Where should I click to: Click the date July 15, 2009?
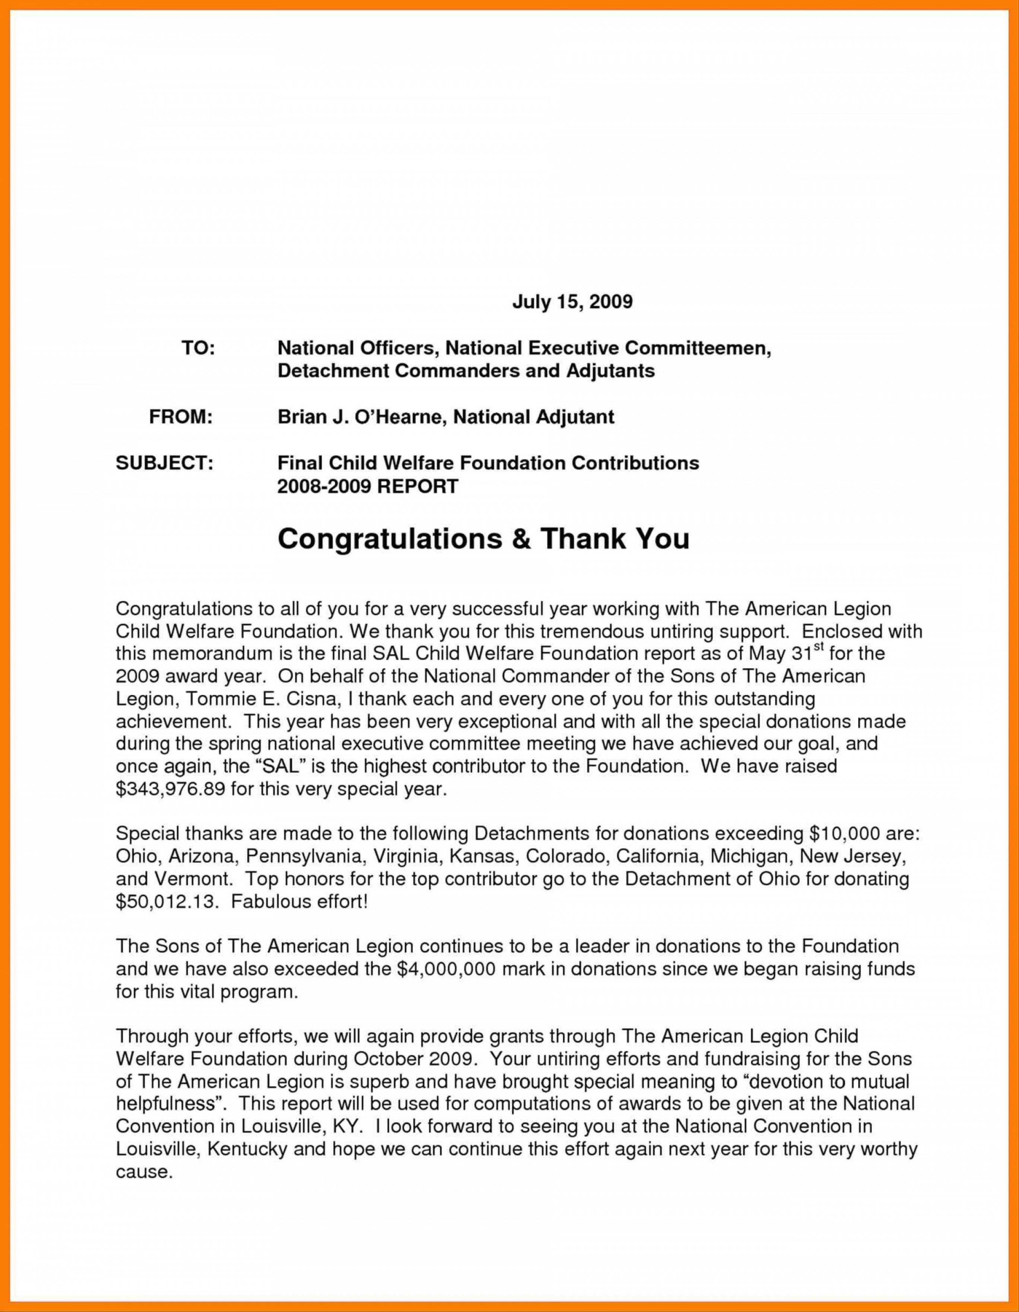(x=572, y=302)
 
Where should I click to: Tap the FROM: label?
(x=181, y=416)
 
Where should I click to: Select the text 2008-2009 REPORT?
(x=367, y=485)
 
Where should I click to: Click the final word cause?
(x=144, y=1172)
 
